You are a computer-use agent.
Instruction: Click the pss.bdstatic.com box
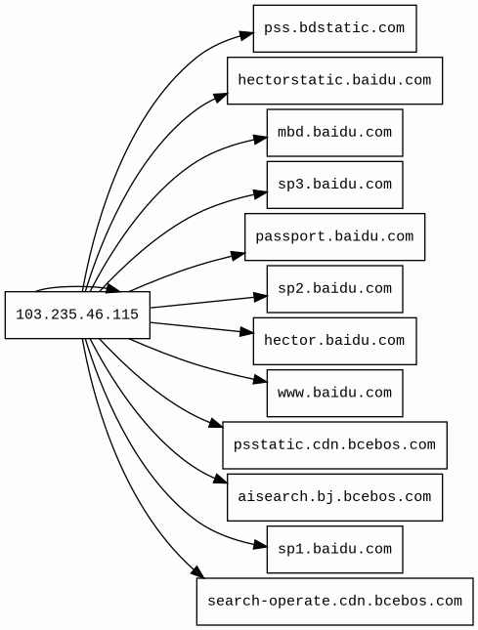pyautogui.click(x=334, y=28)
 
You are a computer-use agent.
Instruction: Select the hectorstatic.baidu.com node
pyautogui.click(x=334, y=80)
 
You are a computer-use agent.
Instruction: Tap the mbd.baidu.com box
pyautogui.click(x=334, y=133)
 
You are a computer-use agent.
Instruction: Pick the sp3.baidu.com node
pyautogui.click(x=334, y=185)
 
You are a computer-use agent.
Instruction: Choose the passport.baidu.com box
pyautogui.click(x=334, y=236)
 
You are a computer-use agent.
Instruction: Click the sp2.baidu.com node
pyautogui.click(x=334, y=289)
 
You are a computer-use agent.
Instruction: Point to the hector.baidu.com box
pyautogui.click(x=334, y=341)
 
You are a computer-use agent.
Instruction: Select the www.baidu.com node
pyautogui.click(x=334, y=393)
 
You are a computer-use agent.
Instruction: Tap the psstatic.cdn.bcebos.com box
pyautogui.click(x=334, y=445)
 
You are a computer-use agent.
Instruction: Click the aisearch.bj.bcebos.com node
pyautogui.click(x=334, y=497)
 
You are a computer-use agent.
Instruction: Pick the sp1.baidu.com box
pyautogui.click(x=334, y=549)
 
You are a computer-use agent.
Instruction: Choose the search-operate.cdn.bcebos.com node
pyautogui.click(x=334, y=602)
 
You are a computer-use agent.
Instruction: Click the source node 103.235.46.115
pyautogui.click(x=77, y=315)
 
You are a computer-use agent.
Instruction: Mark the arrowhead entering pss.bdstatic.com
pyautogui.click(x=246, y=35)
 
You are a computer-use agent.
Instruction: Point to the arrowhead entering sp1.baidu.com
pyautogui.click(x=260, y=545)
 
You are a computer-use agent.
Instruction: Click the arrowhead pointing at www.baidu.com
pyautogui.click(x=260, y=380)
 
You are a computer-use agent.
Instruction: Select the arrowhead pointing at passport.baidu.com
pyautogui.click(x=238, y=255)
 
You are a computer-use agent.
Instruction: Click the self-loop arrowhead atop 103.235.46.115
pyautogui.click(x=113, y=288)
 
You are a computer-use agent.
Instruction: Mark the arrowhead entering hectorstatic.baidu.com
pyautogui.click(x=220, y=97)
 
